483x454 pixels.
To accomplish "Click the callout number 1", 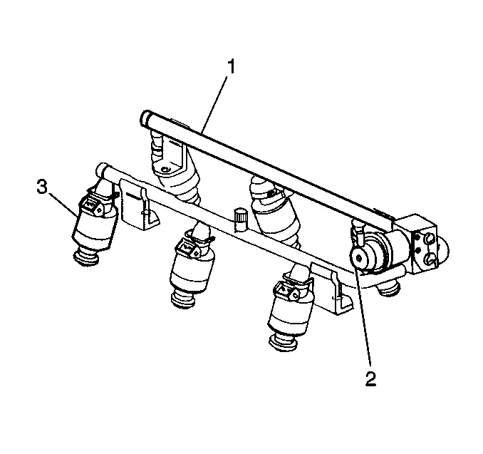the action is point(231,67).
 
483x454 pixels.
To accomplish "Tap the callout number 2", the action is point(370,378).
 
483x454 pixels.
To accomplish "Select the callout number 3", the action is point(42,187).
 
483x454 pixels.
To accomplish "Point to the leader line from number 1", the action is point(214,103).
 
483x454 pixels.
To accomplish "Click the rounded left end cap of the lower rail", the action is point(100,170).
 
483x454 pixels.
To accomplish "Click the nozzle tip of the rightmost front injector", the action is point(283,342).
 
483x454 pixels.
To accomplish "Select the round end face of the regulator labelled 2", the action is point(359,257).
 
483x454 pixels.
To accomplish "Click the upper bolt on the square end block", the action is point(430,238).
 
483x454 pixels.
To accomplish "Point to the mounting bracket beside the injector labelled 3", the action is point(139,205).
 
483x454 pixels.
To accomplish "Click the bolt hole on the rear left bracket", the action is point(166,169).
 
